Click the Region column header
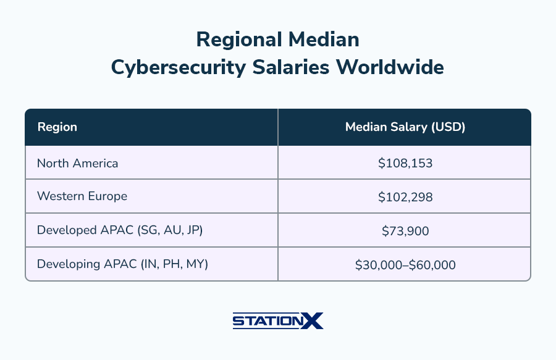[57, 127]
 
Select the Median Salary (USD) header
[405, 127]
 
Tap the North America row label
[77, 163]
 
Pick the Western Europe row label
[82, 196]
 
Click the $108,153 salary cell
[405, 164]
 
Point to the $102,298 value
[405, 197]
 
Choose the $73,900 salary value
[405, 231]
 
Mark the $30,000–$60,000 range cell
[405, 265]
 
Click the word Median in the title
[325, 40]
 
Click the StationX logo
[277, 321]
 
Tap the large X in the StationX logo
[313, 321]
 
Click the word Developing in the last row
[64, 265]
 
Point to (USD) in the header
[449, 127]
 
